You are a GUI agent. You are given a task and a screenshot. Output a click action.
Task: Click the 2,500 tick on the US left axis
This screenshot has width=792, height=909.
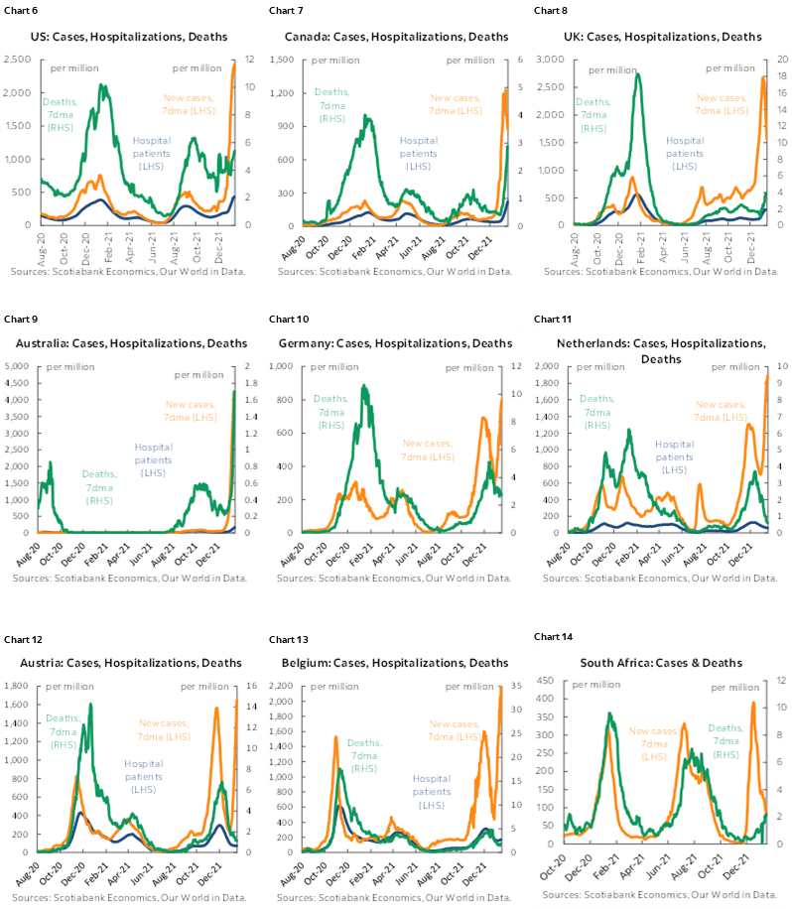[18, 60]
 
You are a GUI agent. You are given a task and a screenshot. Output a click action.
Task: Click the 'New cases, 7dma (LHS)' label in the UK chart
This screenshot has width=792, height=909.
[721, 103]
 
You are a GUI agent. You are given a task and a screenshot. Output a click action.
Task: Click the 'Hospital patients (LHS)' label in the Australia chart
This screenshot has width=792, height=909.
[153, 460]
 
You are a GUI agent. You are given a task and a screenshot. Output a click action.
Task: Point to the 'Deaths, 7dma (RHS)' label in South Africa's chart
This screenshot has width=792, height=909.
[728, 741]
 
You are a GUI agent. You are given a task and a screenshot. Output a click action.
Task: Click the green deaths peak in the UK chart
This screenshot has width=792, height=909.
[637, 73]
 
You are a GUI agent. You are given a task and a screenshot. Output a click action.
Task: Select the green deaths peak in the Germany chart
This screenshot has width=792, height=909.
[364, 387]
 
